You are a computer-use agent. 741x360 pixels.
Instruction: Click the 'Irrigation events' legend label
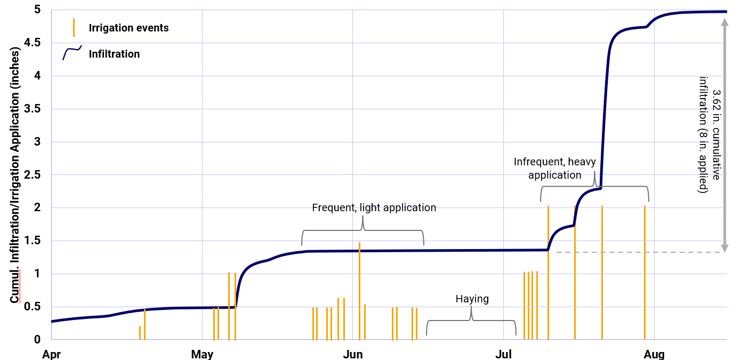tap(128, 28)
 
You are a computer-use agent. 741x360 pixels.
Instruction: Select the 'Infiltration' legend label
tap(114, 54)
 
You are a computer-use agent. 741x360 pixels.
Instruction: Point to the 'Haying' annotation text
tap(472, 299)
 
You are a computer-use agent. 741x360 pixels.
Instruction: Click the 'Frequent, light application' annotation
tap(374, 207)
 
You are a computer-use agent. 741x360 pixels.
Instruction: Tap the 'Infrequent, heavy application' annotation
tap(554, 168)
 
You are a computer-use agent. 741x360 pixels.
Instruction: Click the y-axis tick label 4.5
tap(33, 43)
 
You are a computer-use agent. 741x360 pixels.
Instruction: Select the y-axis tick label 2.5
tap(33, 175)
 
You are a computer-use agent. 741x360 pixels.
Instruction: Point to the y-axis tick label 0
tap(37, 339)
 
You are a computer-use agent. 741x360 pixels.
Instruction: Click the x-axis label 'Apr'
tap(52, 354)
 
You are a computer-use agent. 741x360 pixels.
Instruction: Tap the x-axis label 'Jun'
tap(353, 354)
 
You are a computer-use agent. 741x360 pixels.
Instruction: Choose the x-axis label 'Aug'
tap(654, 354)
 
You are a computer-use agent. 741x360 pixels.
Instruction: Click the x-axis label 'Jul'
tap(503, 354)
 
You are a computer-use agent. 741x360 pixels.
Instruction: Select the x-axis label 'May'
tap(202, 354)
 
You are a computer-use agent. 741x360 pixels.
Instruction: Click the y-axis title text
tap(15, 175)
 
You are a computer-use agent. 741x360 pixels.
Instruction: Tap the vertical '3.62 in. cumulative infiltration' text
tap(710, 134)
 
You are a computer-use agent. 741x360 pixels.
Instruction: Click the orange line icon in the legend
tap(74, 27)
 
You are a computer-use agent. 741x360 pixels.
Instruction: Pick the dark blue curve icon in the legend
tap(71, 53)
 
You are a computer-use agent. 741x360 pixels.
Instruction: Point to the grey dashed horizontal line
tap(640, 252)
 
